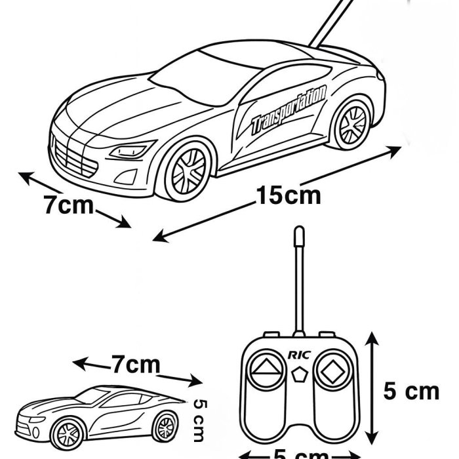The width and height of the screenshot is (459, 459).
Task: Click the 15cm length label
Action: pos(289,195)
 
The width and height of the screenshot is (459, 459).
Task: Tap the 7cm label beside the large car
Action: pos(69,205)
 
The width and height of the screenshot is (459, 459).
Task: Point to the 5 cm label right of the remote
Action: pos(410,391)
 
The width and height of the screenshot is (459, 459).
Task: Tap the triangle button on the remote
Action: pos(266,369)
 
